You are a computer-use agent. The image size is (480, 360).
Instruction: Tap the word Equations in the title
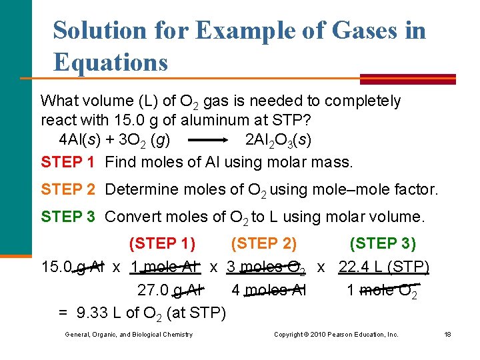(111, 63)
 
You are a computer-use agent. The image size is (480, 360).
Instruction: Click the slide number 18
(447, 334)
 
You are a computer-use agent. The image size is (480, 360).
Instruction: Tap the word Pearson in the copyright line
(339, 334)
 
